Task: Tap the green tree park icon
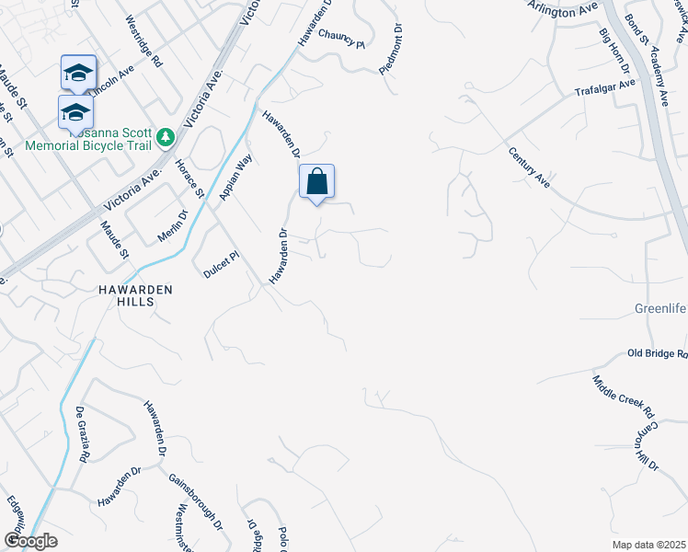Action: (x=166, y=138)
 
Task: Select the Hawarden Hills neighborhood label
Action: (x=136, y=296)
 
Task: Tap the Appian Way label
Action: (x=235, y=176)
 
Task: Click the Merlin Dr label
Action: (x=172, y=226)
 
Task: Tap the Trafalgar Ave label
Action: (x=605, y=88)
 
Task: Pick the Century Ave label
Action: (x=528, y=167)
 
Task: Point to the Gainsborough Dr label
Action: (x=194, y=502)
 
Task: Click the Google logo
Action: (x=30, y=541)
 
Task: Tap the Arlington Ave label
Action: (x=564, y=10)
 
